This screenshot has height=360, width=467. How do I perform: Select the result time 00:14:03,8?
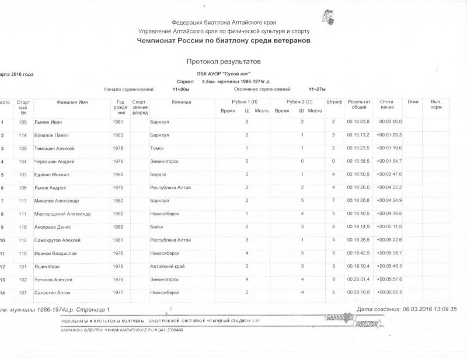click(358, 122)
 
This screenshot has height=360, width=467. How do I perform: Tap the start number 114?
click(23, 135)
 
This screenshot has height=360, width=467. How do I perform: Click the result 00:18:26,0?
click(358, 188)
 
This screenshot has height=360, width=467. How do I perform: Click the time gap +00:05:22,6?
click(389, 240)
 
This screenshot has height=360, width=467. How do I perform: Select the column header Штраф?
click(333, 102)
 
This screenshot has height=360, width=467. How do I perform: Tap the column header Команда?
click(182, 102)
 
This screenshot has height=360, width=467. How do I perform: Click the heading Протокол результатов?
click(224, 61)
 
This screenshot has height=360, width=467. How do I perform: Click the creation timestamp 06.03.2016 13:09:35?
click(427, 309)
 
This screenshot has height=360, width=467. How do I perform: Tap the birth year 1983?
click(117, 135)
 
